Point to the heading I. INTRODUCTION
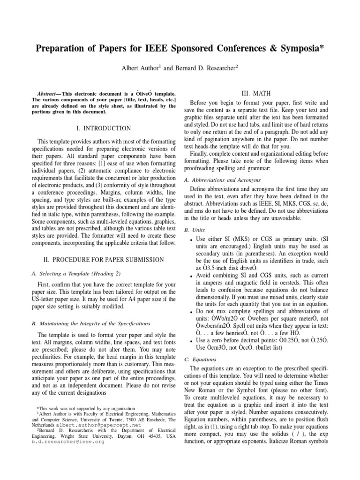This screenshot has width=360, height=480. pos(104,128)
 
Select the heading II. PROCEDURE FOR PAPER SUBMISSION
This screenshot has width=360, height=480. pos(104,259)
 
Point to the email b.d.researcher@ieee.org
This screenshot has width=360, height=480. pos(68,442)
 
